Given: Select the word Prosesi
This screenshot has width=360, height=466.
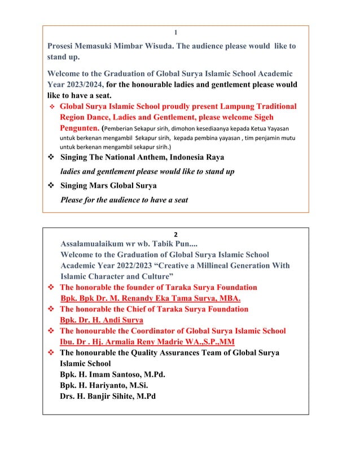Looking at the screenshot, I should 64,46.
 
